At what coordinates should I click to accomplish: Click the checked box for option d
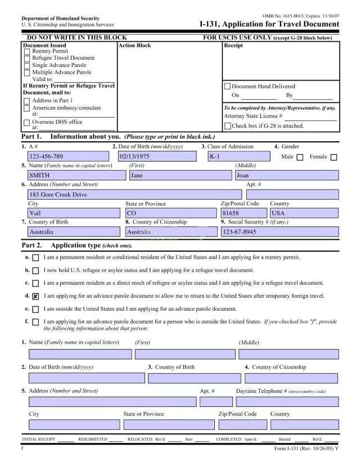[36, 296]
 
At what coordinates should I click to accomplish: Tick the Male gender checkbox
[300, 157]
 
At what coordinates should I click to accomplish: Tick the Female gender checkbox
[334, 157]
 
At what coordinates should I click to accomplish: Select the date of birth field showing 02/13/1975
[157, 156]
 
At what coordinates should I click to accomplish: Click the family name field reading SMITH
[76, 176]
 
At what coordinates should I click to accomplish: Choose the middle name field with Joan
[286, 176]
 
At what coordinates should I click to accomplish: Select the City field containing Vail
[74, 213]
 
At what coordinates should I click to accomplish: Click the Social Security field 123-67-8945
[280, 232]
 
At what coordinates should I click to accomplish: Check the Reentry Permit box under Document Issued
[27, 51]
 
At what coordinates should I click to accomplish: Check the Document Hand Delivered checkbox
[228, 87]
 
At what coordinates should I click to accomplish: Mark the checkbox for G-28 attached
[228, 126]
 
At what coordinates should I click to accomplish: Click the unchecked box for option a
[36, 258]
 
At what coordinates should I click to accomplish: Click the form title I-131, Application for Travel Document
[269, 25]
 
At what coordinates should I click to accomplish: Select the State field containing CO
[170, 213]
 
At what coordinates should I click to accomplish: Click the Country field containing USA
[304, 213]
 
